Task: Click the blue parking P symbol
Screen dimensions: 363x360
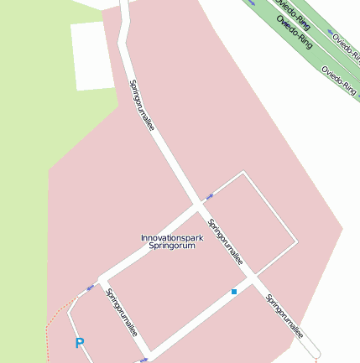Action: coord(80,343)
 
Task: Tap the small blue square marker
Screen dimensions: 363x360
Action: coord(234,292)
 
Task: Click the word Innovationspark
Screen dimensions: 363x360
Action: coord(171,237)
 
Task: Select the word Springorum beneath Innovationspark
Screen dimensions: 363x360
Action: coord(171,246)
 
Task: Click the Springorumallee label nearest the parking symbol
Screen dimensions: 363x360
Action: coord(123,313)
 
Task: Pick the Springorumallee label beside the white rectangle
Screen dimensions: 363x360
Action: coord(142,106)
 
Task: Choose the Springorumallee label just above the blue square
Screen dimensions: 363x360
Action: coord(227,242)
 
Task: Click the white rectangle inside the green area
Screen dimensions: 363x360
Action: coord(92,55)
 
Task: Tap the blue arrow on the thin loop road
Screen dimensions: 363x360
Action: coord(209,195)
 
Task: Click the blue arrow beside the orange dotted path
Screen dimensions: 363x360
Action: coord(90,288)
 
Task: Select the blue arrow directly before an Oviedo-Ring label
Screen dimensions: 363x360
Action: coord(253,2)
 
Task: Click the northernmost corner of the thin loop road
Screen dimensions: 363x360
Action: coord(243,173)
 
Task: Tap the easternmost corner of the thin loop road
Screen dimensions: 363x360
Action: coord(296,243)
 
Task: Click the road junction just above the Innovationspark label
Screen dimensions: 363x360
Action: coord(200,205)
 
